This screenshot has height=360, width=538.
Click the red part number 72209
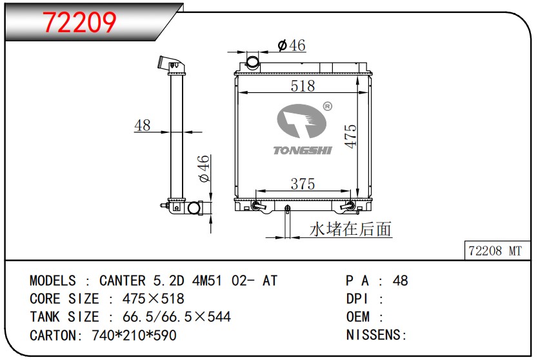click(x=79, y=23)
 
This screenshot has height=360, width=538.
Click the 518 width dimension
click(x=303, y=86)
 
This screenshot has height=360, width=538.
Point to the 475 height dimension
click(x=351, y=136)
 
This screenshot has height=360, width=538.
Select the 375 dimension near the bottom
click(x=303, y=184)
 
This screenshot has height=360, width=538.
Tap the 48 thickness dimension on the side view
click(x=143, y=125)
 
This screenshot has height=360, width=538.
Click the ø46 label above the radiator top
click(x=292, y=45)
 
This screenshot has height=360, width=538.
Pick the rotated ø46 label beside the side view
click(x=203, y=168)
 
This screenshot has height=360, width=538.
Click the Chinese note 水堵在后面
click(x=350, y=229)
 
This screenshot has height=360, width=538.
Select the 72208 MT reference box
click(x=497, y=250)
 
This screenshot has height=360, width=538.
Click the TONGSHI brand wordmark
click(x=303, y=150)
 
